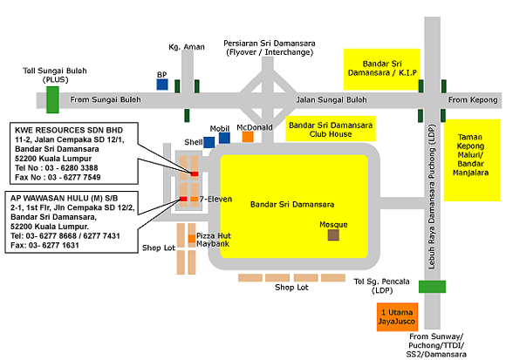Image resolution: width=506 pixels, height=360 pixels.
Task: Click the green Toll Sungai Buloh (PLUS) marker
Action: (x=52, y=99)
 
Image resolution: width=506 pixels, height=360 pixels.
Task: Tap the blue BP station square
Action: (x=162, y=85)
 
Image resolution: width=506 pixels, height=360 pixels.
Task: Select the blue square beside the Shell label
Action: (x=209, y=142)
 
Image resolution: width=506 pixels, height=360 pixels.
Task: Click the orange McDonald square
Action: (x=248, y=137)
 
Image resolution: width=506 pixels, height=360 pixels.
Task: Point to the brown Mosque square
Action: (x=333, y=235)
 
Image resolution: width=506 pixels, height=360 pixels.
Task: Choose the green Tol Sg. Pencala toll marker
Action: (x=432, y=287)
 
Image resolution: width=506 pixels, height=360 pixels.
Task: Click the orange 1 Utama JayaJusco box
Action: (x=397, y=316)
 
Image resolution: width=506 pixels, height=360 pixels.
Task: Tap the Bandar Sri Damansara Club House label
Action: (x=331, y=129)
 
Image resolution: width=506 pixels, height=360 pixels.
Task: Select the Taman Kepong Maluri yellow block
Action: (x=472, y=160)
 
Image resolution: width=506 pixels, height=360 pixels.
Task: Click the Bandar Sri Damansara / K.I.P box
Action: (x=382, y=69)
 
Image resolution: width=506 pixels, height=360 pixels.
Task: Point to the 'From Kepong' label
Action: (x=473, y=100)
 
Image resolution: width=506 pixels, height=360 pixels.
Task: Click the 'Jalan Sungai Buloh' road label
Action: (x=332, y=100)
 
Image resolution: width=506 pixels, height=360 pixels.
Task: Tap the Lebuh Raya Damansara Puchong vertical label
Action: (x=432, y=196)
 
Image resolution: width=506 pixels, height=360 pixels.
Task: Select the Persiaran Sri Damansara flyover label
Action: (x=269, y=48)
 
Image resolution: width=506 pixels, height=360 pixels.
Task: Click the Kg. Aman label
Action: (x=187, y=47)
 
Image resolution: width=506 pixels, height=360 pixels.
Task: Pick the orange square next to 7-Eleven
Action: (x=194, y=199)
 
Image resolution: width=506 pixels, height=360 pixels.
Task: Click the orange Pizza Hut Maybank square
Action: (x=192, y=239)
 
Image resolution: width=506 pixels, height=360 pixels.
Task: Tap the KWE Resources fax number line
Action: (x=58, y=177)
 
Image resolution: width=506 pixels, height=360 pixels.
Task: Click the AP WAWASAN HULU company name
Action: (x=65, y=198)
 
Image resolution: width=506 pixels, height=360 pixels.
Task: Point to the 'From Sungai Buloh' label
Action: (x=106, y=99)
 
